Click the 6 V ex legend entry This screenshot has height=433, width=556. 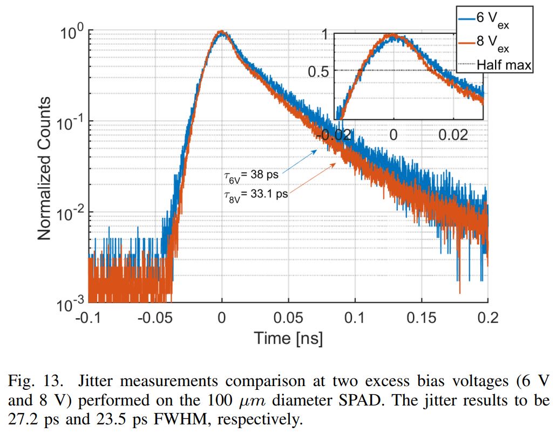click(491, 19)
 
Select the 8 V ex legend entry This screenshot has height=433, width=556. click(491, 43)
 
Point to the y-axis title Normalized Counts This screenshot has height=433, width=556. click(44, 168)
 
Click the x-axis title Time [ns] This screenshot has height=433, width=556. click(288, 338)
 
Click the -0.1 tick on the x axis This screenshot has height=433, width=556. click(88, 318)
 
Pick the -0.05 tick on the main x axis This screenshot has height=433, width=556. click(154, 318)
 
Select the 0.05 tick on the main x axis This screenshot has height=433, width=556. click(288, 318)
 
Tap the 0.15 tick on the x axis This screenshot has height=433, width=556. click(421, 318)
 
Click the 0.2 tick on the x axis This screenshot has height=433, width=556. click(487, 318)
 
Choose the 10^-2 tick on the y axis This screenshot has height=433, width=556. click(71, 214)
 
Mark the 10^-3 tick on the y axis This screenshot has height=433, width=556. click(71, 305)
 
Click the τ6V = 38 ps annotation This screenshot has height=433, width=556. click(251, 176)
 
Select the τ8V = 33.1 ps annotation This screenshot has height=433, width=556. click(255, 194)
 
